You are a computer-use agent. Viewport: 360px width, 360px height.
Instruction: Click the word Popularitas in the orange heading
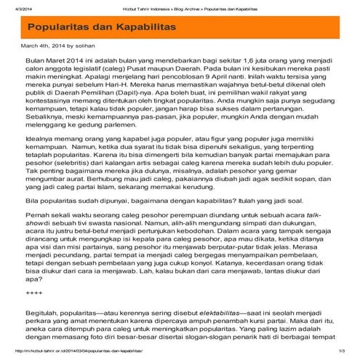pos(63,26)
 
